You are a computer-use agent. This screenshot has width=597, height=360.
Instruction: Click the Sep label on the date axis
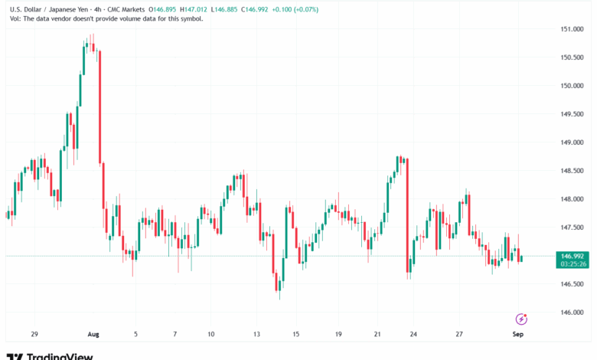(x=517, y=334)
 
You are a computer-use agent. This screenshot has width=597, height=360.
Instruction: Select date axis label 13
(x=257, y=334)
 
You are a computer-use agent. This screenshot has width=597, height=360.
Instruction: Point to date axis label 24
(x=413, y=334)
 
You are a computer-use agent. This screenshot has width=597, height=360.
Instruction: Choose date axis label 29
(x=34, y=334)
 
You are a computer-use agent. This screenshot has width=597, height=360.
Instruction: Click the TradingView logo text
(x=60, y=356)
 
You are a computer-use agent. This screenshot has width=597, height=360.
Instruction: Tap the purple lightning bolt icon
(x=522, y=319)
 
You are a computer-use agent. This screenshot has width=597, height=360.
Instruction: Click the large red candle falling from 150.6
(x=100, y=107)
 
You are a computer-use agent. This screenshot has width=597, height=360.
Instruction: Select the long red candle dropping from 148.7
(x=406, y=214)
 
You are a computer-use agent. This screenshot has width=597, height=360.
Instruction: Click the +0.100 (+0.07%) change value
(x=296, y=9)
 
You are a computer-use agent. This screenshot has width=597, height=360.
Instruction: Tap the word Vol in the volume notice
(x=14, y=18)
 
